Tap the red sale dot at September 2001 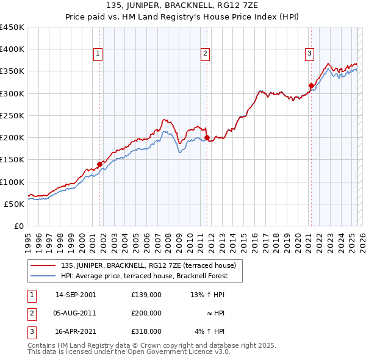[99, 164]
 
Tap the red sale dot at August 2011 [207, 137]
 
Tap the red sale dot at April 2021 [311, 85]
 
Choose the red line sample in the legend [44, 265]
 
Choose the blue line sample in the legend [44, 276]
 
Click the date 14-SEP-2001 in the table [76, 295]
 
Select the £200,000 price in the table [146, 313]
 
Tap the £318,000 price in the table [146, 331]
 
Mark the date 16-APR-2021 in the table [76, 331]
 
